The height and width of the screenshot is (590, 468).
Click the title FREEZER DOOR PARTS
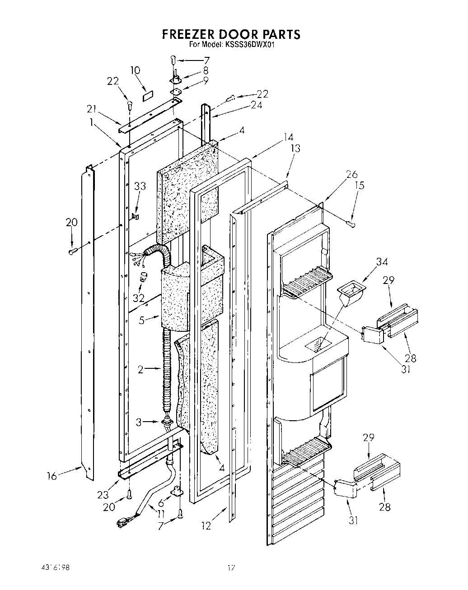[x=231, y=34]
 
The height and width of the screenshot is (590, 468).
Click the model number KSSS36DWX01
[x=248, y=45]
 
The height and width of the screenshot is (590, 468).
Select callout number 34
[x=382, y=261]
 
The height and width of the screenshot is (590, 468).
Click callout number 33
[x=140, y=186]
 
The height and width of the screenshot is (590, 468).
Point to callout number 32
[x=138, y=298]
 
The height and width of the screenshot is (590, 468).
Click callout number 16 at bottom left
[x=53, y=476]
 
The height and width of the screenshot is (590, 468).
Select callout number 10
[x=135, y=70]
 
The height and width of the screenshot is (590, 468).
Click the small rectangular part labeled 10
[x=148, y=96]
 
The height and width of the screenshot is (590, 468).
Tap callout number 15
[x=360, y=185]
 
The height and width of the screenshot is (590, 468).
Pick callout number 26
[x=351, y=174]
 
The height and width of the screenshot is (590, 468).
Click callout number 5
[x=141, y=321]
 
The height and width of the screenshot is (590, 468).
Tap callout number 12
[x=206, y=525]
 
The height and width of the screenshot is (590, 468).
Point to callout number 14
[x=288, y=138]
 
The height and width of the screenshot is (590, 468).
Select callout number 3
[x=139, y=422]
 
